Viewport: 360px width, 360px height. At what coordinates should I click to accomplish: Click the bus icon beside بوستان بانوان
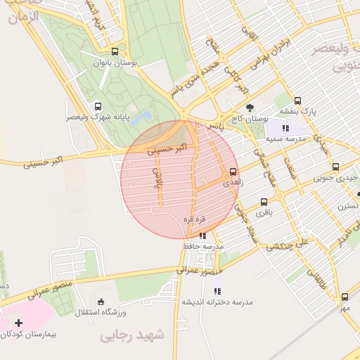(x=115, y=51)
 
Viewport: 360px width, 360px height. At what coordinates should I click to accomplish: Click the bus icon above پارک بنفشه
(x=297, y=101)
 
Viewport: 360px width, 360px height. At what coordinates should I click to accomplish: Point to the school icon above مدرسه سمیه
(x=285, y=128)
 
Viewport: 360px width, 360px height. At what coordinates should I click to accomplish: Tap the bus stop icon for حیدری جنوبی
(x=335, y=167)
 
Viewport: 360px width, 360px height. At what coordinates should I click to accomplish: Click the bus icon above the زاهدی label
(x=233, y=171)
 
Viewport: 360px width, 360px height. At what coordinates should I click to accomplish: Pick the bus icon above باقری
(x=264, y=201)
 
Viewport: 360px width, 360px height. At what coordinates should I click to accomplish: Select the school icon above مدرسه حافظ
(x=202, y=236)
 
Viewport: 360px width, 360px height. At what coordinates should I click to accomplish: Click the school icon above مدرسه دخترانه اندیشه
(x=217, y=290)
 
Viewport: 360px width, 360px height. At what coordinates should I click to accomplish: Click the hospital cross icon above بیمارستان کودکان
(x=18, y=321)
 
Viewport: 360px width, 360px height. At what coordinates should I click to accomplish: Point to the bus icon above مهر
(x=345, y=297)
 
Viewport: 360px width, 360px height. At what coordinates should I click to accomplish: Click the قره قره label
(x=193, y=219)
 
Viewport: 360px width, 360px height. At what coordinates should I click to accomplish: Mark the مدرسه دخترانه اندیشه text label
(x=217, y=302)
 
